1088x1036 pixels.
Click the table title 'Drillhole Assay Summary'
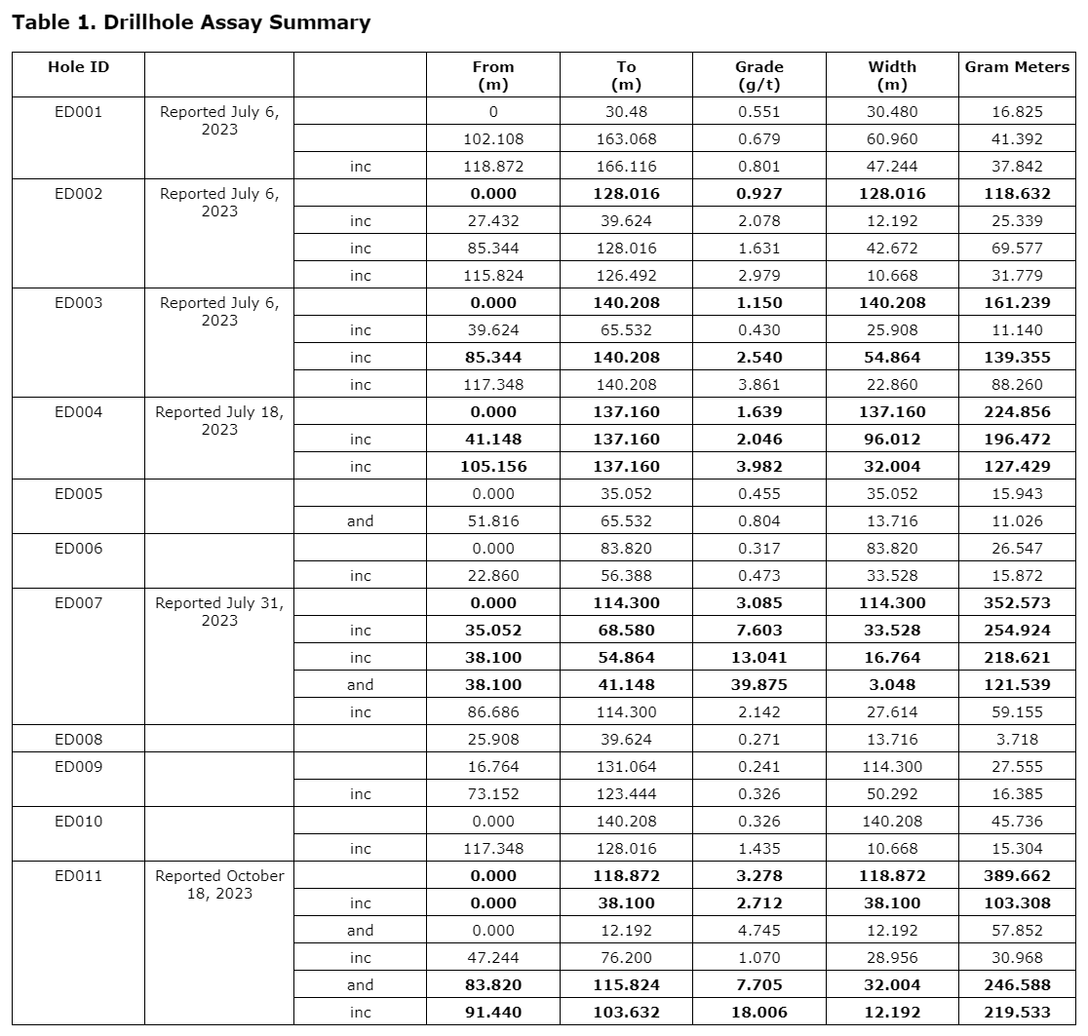click(191, 22)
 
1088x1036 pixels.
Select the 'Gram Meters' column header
click(1017, 67)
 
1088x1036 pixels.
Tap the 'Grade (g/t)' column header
click(758, 75)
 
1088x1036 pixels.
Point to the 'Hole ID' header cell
click(78, 67)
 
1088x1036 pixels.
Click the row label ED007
click(78, 603)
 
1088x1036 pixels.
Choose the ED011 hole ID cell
click(78, 876)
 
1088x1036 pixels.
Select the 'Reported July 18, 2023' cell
click(219, 420)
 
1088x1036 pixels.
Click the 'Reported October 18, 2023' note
click(219, 884)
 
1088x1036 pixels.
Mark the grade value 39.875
click(758, 685)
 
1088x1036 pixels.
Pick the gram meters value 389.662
click(1017, 876)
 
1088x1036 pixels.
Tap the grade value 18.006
click(758, 1013)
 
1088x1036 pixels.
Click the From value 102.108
click(492, 139)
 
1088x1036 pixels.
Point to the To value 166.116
click(626, 167)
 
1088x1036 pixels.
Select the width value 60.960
click(892, 139)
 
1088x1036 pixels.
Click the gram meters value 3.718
click(1017, 740)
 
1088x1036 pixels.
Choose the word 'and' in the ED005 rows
click(360, 521)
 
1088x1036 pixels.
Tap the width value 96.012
click(892, 440)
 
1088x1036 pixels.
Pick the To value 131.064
click(626, 767)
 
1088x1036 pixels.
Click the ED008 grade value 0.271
click(758, 740)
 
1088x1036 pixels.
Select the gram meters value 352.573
click(1017, 603)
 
